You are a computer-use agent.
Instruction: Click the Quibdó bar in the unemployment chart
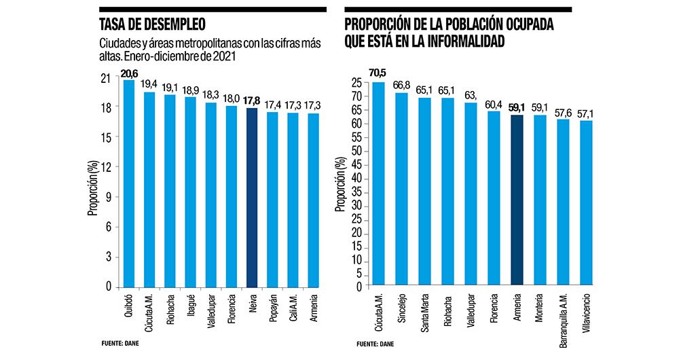128,183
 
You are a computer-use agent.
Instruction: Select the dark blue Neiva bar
251,197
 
